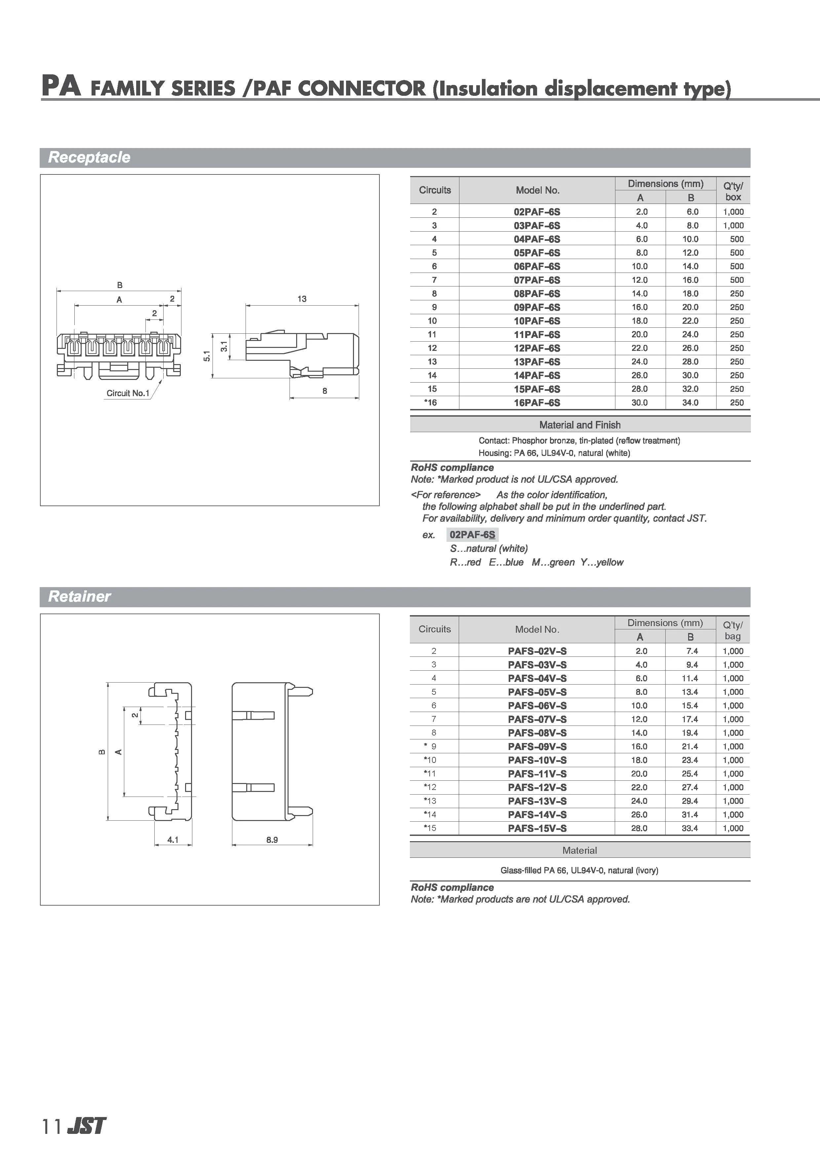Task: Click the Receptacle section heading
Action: coord(89,158)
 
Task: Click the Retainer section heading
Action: coord(79,597)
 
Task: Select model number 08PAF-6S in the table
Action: coord(537,294)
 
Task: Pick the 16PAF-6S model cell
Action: coord(537,403)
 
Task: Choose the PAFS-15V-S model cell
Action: coord(537,828)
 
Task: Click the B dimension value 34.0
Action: coord(690,403)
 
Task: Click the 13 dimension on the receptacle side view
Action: coord(302,299)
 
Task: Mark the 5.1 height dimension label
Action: coord(207,356)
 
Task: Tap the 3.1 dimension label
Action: coord(224,346)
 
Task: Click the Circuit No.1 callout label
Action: coord(128,393)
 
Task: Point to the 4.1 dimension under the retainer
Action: coord(173,840)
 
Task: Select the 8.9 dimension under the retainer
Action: coord(272,840)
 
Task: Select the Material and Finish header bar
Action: coord(580,425)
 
